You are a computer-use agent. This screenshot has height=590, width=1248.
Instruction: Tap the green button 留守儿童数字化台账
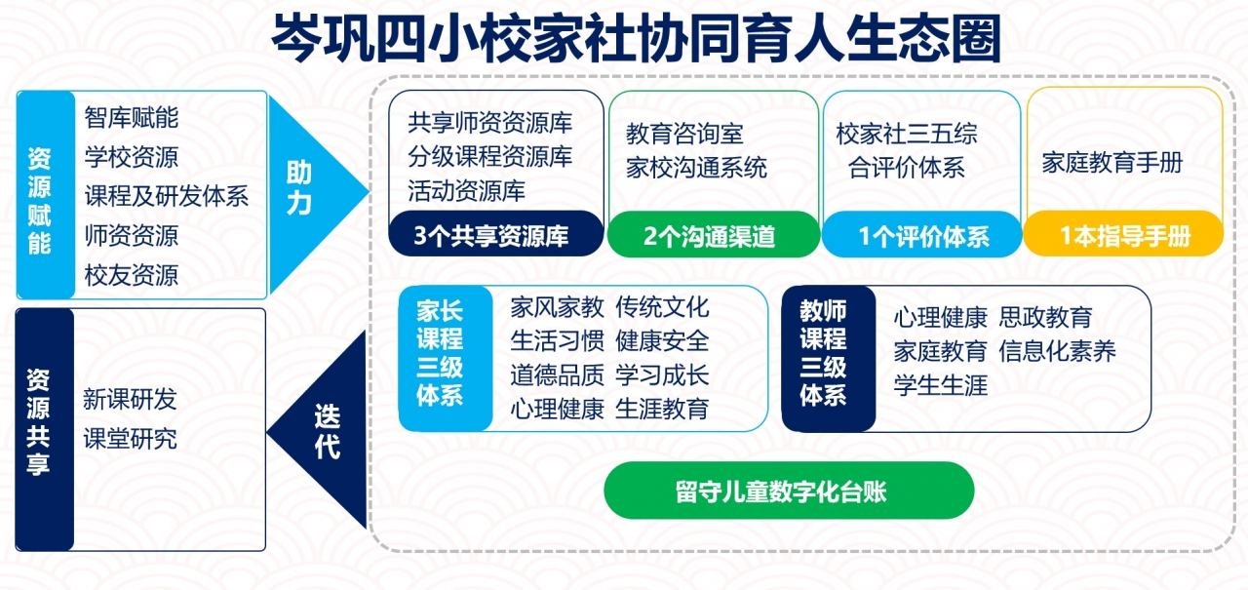(789, 491)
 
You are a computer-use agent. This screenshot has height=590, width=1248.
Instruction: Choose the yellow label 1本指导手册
(1124, 236)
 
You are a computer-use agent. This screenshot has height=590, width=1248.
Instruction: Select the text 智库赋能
(132, 119)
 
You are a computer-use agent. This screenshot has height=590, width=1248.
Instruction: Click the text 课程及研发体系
(167, 196)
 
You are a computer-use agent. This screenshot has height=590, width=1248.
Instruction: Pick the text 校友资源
(132, 275)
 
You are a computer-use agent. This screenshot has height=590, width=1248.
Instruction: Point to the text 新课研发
(130, 399)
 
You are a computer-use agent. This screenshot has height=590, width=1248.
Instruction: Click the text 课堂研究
(130, 438)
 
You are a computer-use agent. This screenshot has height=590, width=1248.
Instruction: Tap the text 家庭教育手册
(1111, 163)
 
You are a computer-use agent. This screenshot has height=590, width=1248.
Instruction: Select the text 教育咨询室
(684, 134)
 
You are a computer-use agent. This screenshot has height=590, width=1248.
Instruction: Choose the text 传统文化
(662, 307)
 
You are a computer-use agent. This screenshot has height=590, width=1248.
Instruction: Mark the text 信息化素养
(1057, 351)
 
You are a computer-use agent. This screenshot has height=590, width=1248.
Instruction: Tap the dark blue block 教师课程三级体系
(824, 353)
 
